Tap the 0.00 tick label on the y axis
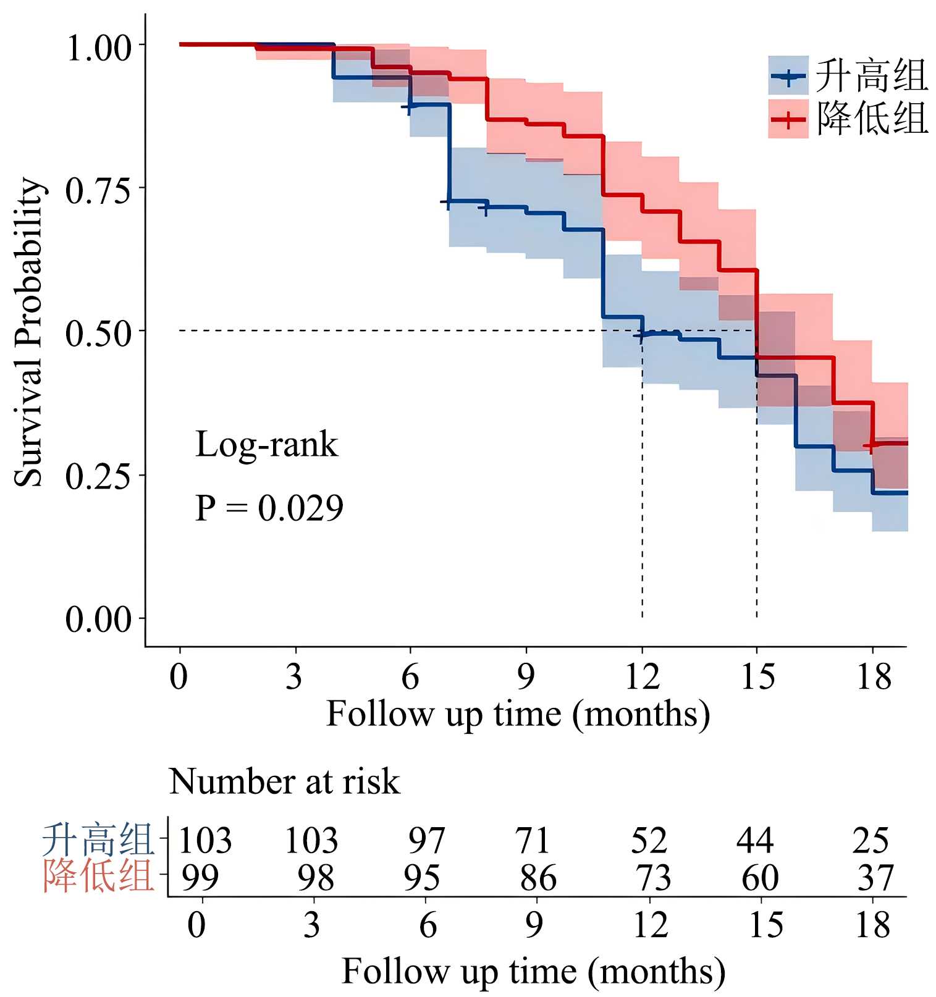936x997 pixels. click(99, 618)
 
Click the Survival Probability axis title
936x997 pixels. click(28, 332)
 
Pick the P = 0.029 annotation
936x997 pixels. click(269, 508)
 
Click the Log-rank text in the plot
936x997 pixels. click(266, 444)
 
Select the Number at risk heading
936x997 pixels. click(284, 781)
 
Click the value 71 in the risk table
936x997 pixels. click(533, 840)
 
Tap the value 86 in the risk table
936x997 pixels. click(538, 877)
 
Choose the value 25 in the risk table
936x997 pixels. click(871, 840)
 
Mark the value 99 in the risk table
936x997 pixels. click(200, 877)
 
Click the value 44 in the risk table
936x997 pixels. click(755, 840)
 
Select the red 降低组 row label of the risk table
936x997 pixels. click(98, 876)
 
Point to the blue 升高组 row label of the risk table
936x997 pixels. click(98, 839)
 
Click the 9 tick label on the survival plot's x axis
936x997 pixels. click(526, 677)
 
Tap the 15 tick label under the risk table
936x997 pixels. click(765, 925)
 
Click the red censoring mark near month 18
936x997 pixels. click(871, 445)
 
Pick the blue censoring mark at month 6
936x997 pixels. click(409, 107)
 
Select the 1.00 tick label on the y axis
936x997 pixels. click(99, 48)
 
